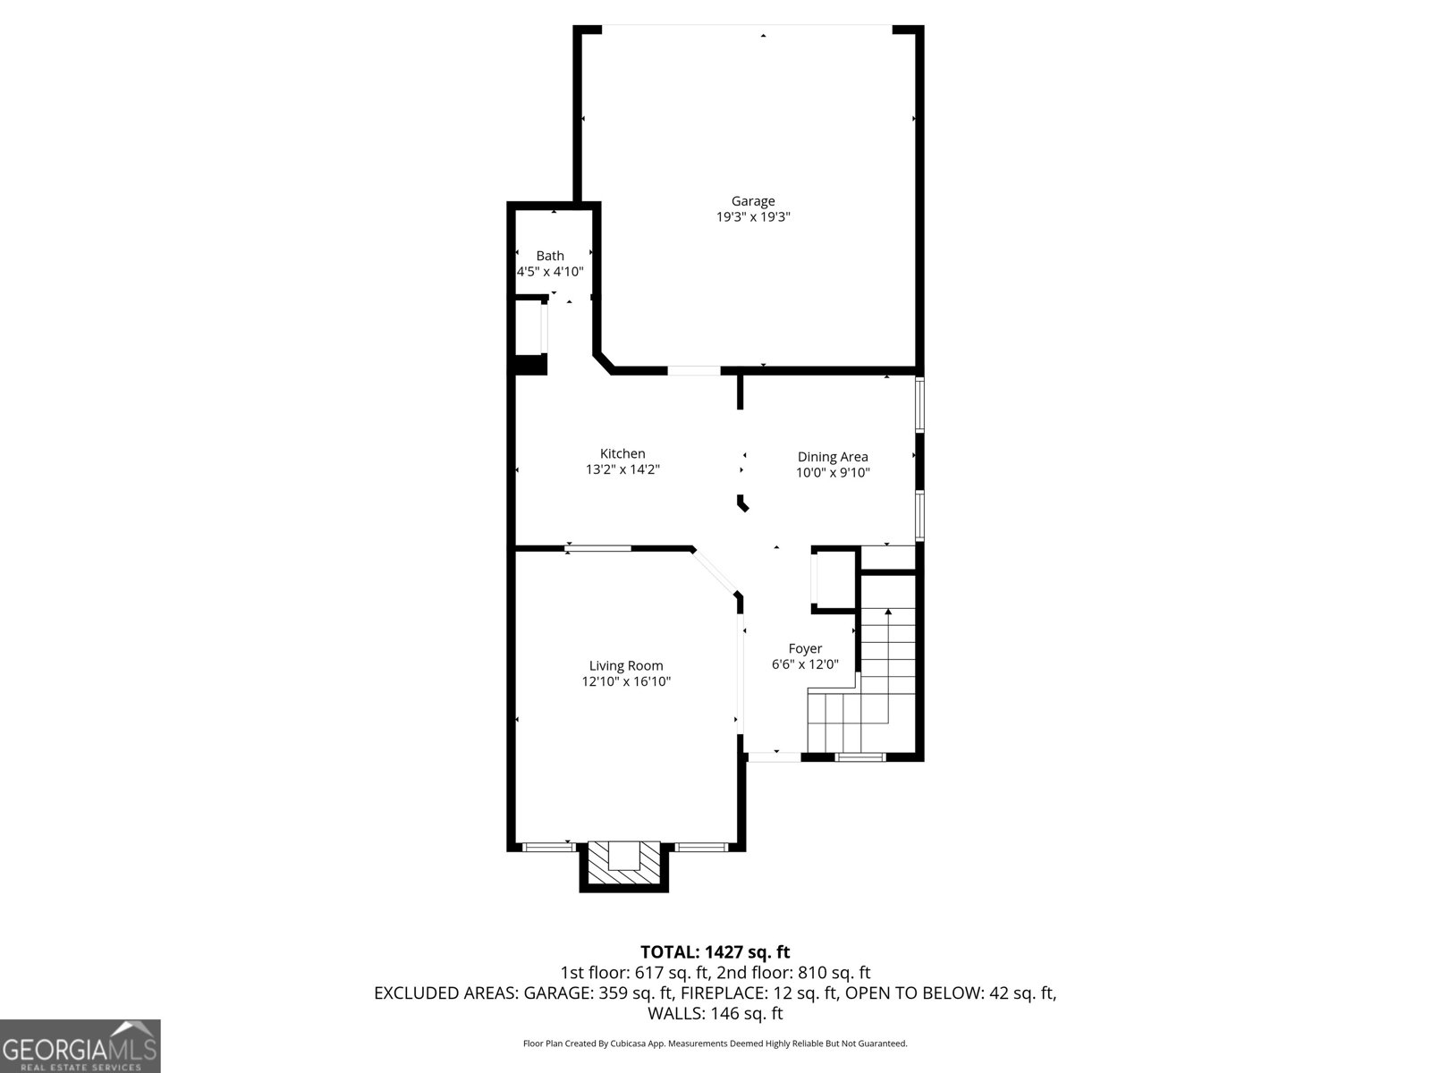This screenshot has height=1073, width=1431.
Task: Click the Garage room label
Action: pyautogui.click(x=753, y=202)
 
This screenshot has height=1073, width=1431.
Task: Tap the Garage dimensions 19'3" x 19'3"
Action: pyautogui.click(x=753, y=217)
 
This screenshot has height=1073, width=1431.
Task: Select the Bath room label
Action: pyautogui.click(x=550, y=256)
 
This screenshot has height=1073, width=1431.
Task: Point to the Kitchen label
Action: pyautogui.click(x=622, y=453)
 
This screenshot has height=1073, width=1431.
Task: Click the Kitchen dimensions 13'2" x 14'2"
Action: pyautogui.click(x=622, y=469)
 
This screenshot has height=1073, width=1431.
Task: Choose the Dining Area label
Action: pyautogui.click(x=833, y=457)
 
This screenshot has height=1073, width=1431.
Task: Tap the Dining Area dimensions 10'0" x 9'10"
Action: pyautogui.click(x=833, y=473)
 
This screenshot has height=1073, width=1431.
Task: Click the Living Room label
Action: pyautogui.click(x=626, y=666)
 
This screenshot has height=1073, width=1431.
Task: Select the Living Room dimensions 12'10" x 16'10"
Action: pyautogui.click(x=626, y=681)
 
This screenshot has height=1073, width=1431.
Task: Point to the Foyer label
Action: pyautogui.click(x=805, y=649)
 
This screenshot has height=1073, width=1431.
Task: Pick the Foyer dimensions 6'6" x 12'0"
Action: pyautogui.click(x=805, y=664)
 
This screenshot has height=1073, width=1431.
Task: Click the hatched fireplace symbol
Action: pyautogui.click(x=624, y=866)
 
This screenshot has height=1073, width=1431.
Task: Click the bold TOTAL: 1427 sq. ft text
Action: pyautogui.click(x=715, y=952)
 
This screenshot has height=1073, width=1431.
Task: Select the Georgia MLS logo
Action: pyautogui.click(x=80, y=1046)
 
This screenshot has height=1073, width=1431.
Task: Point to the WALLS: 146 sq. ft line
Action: pyautogui.click(x=715, y=1013)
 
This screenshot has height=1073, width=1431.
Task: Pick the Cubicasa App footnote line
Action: pyautogui.click(x=715, y=1043)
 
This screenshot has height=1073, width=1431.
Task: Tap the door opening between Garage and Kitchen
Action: pyautogui.click(x=694, y=371)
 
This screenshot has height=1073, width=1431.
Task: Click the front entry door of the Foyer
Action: pyautogui.click(x=774, y=757)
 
